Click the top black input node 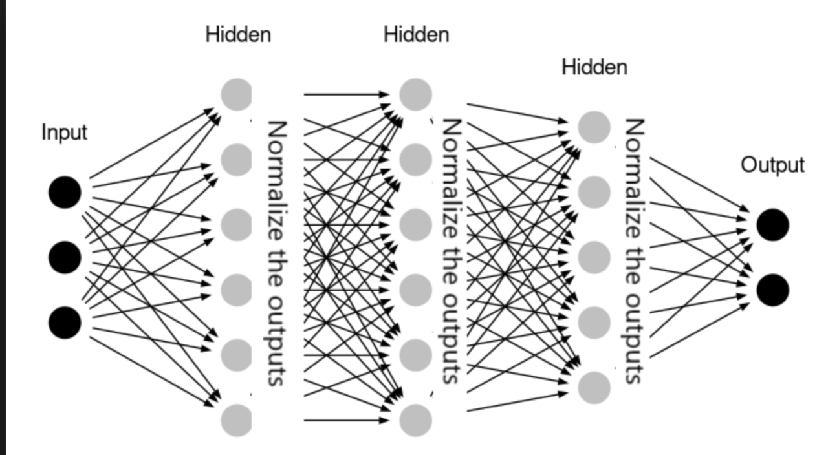pos(65,193)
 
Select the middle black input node pos(65,257)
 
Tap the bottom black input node pos(65,322)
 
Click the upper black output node pos(772,225)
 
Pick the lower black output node pos(772,290)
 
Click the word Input pos(64,132)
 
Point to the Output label pos(772,165)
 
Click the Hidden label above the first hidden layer pos(238,34)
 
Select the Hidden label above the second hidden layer pos(416,34)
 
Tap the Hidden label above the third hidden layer pos(594,67)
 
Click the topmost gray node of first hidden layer pos(237,94)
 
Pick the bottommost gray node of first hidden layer pos(237,420)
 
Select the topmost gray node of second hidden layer pos(415,94)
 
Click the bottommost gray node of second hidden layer pos(415,420)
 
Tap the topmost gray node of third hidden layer pos(594,127)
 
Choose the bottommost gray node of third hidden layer pos(594,387)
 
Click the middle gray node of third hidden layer pos(594,257)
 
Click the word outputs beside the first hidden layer pos(276,340)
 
